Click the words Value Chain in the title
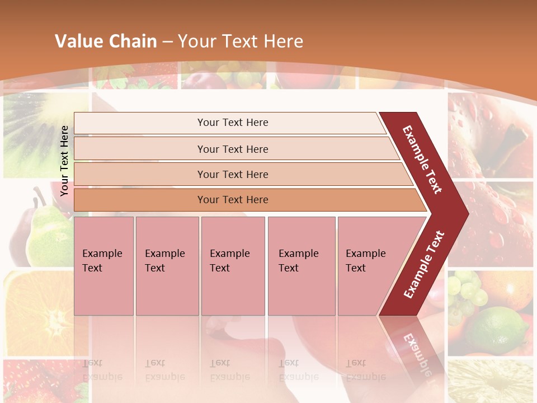(x=106, y=41)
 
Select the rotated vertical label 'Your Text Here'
(x=65, y=161)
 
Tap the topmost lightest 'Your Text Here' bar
(x=232, y=123)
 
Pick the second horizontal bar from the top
(x=232, y=149)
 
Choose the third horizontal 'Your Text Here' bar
(x=232, y=174)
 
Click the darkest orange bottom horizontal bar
(x=232, y=200)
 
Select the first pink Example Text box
(x=103, y=266)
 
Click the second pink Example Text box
(x=167, y=266)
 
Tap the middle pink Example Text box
(x=233, y=266)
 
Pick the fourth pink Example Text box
(x=301, y=266)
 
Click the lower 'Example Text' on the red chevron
(x=424, y=264)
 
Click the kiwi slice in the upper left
(x=34, y=129)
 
